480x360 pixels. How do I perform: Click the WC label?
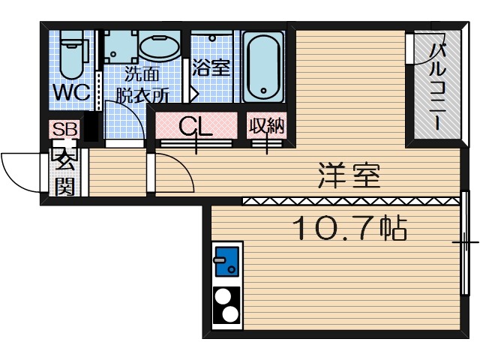[x=70, y=93]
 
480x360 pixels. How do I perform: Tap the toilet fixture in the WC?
[x=71, y=56]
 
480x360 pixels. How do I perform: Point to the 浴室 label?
[x=211, y=67]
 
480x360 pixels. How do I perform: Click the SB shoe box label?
[x=64, y=129]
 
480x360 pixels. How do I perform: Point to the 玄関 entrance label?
[x=64, y=172]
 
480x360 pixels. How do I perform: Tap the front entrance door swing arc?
[x=21, y=169]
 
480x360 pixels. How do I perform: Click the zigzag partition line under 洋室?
[x=349, y=200]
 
